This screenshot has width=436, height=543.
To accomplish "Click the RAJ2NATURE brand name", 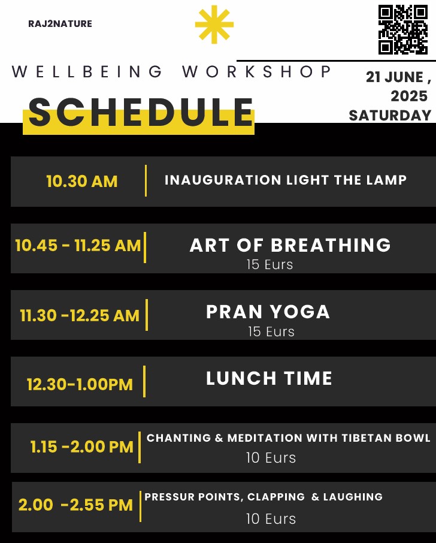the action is (x=60, y=24).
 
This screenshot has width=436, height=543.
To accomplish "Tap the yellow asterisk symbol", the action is (x=214, y=25).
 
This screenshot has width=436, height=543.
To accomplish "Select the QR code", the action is (x=403, y=29).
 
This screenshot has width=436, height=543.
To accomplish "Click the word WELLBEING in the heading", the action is (x=87, y=72).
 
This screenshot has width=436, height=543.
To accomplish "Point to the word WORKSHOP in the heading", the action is (x=256, y=72).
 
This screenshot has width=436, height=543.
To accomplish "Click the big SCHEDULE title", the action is (x=141, y=112).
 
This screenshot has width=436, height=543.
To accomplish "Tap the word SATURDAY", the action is (x=390, y=116).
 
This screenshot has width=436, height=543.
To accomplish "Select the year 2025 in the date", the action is (x=409, y=96).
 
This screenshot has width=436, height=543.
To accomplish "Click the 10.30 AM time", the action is (x=82, y=182).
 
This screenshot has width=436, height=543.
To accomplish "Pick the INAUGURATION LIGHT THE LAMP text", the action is (x=286, y=180).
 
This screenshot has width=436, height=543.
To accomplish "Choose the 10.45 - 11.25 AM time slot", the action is (x=78, y=246).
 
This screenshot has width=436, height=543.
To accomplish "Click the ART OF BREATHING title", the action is (x=290, y=245).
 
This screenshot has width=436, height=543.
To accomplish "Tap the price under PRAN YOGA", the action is (x=271, y=331).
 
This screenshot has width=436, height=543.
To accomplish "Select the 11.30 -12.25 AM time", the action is (x=80, y=315).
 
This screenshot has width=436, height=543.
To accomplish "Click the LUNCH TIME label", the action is (x=270, y=378).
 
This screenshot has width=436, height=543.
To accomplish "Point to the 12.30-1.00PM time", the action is (x=80, y=384).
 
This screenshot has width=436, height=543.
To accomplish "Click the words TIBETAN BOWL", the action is (x=386, y=438).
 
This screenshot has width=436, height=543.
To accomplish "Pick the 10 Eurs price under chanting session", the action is (x=271, y=458).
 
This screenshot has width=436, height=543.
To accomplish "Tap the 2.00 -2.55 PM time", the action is (x=76, y=505).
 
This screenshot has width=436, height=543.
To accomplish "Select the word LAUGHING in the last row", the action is (x=353, y=497).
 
